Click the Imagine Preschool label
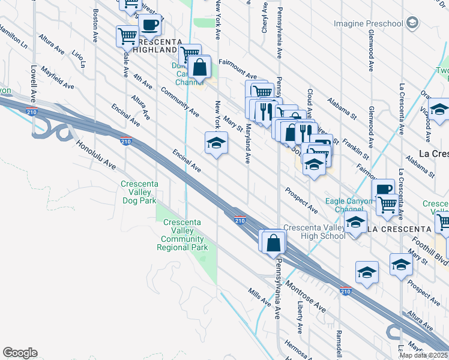coord(369,23)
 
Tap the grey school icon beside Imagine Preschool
coord(412,23)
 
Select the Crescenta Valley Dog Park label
coord(138,193)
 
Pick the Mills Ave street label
coord(259,296)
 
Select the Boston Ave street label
coord(95,25)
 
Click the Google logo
coord(20,353)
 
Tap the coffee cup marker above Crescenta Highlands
coord(149,25)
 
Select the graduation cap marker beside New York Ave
coord(216,143)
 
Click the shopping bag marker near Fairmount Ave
coord(200,67)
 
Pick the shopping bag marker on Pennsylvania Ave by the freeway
coord(274,242)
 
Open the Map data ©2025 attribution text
coord(424,355)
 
